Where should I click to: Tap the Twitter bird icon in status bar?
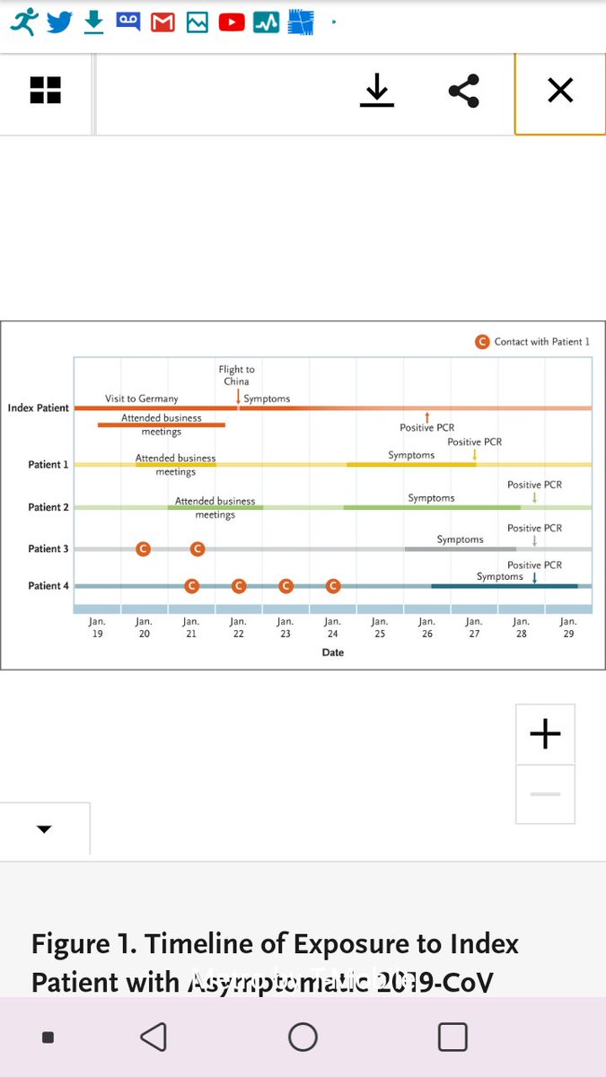(59, 22)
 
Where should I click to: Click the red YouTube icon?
(232, 22)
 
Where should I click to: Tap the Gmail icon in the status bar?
(162, 22)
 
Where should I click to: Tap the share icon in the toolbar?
(463, 91)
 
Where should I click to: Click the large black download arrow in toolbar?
(377, 91)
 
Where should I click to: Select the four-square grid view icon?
(45, 91)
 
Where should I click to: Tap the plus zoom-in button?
(545, 734)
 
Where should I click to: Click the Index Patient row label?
(39, 408)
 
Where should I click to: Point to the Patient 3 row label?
(48, 549)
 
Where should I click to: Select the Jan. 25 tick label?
(380, 626)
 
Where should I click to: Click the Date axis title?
(333, 652)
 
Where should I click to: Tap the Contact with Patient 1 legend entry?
(533, 342)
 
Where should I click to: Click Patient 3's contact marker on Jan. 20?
(143, 549)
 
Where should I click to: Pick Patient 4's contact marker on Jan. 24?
(333, 586)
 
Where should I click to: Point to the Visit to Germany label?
(142, 398)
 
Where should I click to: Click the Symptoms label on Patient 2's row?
(431, 498)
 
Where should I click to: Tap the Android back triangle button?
(154, 1037)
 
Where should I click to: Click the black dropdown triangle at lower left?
(44, 829)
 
